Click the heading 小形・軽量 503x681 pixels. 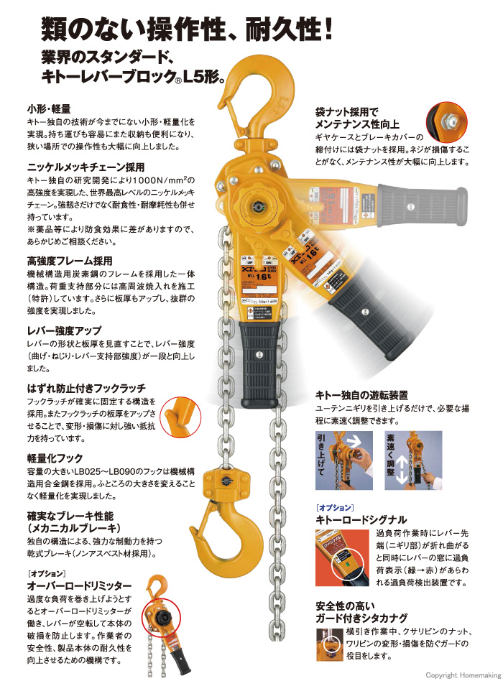click(48, 108)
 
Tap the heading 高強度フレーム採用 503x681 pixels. click(69, 259)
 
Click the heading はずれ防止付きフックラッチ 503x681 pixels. click(86, 387)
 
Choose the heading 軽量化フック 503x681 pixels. click(54, 458)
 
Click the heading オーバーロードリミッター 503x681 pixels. click(79, 585)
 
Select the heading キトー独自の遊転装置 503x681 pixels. click(362, 394)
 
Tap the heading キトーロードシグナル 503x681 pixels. click(361, 519)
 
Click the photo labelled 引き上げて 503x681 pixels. click(347, 460)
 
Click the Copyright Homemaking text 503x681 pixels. click(462, 675)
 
